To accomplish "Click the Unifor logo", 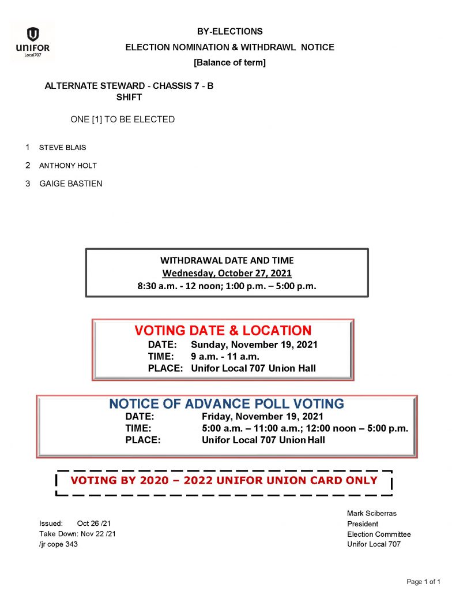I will point(33,41).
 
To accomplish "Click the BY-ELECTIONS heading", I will point(229,32).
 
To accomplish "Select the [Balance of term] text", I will point(229,62).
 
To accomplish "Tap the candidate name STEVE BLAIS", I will point(62,148).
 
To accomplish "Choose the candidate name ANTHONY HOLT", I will point(68,166).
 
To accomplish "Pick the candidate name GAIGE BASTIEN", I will point(71,184).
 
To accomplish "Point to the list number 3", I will point(28,184).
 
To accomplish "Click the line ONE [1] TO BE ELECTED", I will point(122,119).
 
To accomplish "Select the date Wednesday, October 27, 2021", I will point(227,273).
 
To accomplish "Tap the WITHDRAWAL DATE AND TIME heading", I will point(227,260).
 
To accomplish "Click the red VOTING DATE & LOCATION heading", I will point(223,331).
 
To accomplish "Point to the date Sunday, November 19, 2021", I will point(254,345).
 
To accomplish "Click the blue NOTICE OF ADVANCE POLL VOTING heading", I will point(227,404).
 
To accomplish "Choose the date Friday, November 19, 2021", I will point(262,417).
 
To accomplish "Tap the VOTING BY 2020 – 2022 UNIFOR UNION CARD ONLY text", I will point(224,481).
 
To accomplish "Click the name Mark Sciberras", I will point(372,513).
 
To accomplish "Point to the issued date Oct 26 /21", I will point(96,524).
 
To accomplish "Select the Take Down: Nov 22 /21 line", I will point(77,534).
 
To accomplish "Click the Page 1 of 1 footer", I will point(423,582).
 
